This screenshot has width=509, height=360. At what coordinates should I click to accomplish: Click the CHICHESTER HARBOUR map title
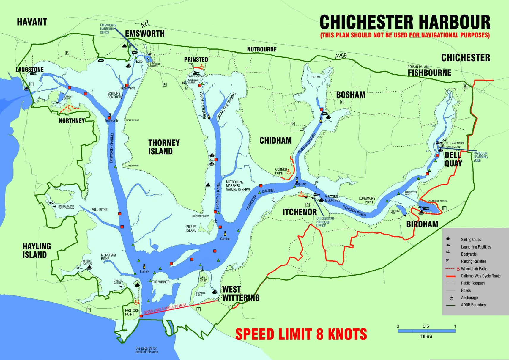click(405, 22)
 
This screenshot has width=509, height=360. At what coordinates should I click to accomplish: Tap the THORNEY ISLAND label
click(164, 147)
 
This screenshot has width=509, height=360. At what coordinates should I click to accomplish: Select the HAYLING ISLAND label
click(37, 250)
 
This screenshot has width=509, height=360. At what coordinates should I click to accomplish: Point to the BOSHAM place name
click(351, 95)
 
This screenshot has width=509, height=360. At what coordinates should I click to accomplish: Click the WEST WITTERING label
click(241, 293)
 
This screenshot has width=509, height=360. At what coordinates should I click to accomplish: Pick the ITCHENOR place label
click(300, 212)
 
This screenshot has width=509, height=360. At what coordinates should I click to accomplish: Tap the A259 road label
click(341, 56)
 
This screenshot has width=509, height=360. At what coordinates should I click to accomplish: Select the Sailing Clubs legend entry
click(471, 240)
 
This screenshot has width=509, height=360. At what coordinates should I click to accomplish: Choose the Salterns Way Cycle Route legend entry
click(480, 276)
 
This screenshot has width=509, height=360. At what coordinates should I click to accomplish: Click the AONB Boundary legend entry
click(473, 305)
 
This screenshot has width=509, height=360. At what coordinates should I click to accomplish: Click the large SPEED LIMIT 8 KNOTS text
click(301, 334)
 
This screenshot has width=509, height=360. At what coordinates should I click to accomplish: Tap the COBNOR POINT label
click(281, 171)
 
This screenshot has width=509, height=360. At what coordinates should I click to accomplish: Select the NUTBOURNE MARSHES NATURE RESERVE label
click(238, 186)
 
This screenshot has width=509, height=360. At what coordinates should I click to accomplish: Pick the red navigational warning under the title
click(405, 35)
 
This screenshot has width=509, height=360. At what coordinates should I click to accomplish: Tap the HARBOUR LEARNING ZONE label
click(480, 157)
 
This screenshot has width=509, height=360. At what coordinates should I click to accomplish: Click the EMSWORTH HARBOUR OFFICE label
click(108, 29)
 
